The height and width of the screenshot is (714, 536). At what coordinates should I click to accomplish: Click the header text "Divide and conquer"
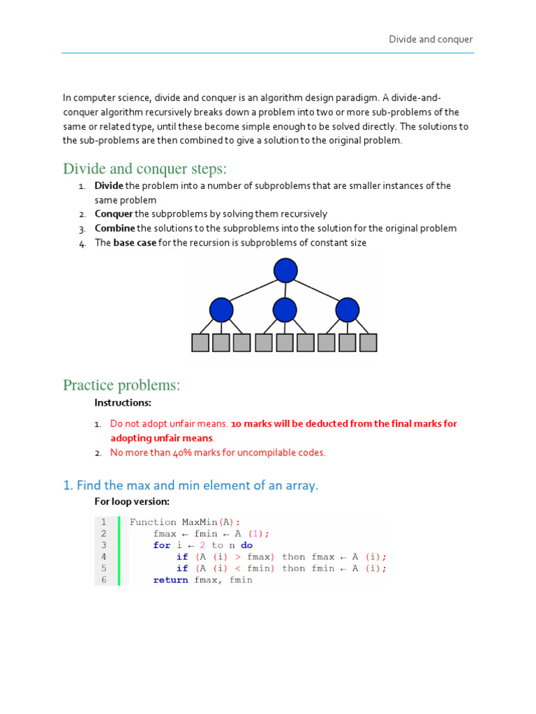click(x=431, y=40)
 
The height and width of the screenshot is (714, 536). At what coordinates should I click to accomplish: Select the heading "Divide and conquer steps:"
click(x=145, y=169)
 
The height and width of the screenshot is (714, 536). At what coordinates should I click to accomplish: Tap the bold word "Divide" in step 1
click(x=109, y=186)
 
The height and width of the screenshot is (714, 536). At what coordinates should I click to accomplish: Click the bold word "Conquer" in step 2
click(x=114, y=214)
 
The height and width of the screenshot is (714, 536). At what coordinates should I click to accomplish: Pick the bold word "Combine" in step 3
click(x=115, y=229)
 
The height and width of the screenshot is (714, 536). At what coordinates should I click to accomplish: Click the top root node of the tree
click(x=285, y=271)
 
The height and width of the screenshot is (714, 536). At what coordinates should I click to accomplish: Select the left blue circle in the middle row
click(x=221, y=310)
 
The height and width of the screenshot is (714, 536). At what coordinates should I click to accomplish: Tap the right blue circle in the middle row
click(x=347, y=310)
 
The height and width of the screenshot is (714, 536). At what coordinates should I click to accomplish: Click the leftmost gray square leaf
click(x=200, y=342)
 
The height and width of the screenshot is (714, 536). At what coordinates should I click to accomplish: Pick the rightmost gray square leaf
click(x=368, y=342)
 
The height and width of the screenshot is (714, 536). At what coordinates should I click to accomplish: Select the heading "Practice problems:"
click(x=121, y=385)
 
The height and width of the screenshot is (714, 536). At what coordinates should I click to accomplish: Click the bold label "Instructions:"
click(x=123, y=403)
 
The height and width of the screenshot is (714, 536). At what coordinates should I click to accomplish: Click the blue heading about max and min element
click(x=191, y=485)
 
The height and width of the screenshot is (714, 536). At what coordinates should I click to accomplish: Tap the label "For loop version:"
click(x=132, y=501)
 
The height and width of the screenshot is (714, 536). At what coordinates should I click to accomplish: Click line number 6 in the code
click(x=104, y=580)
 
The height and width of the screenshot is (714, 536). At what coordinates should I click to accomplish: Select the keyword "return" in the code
click(x=170, y=580)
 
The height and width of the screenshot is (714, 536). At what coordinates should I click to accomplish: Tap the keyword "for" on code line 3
click(x=162, y=545)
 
